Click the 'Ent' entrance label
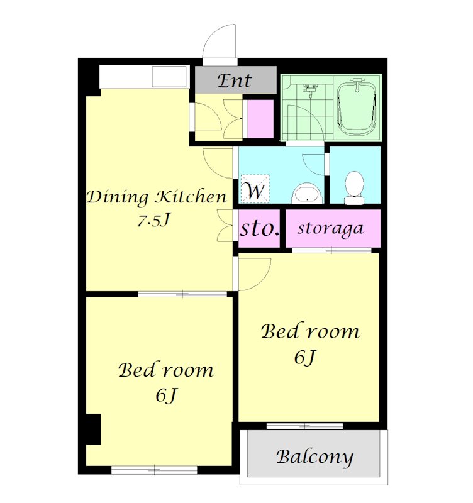[234, 81]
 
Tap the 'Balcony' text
[314, 457]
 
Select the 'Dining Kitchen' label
[157, 197]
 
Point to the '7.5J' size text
[153, 220]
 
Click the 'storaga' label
[330, 229]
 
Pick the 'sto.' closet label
[260, 228]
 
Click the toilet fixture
[354, 187]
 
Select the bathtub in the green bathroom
[357, 109]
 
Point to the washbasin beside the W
[307, 194]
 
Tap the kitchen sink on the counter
[169, 76]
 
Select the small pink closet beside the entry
[260, 119]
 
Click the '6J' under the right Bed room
[305, 357]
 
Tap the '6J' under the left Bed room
[166, 395]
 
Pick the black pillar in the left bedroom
[93, 429]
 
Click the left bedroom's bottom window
[154, 470]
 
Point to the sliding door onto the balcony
[304, 426]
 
